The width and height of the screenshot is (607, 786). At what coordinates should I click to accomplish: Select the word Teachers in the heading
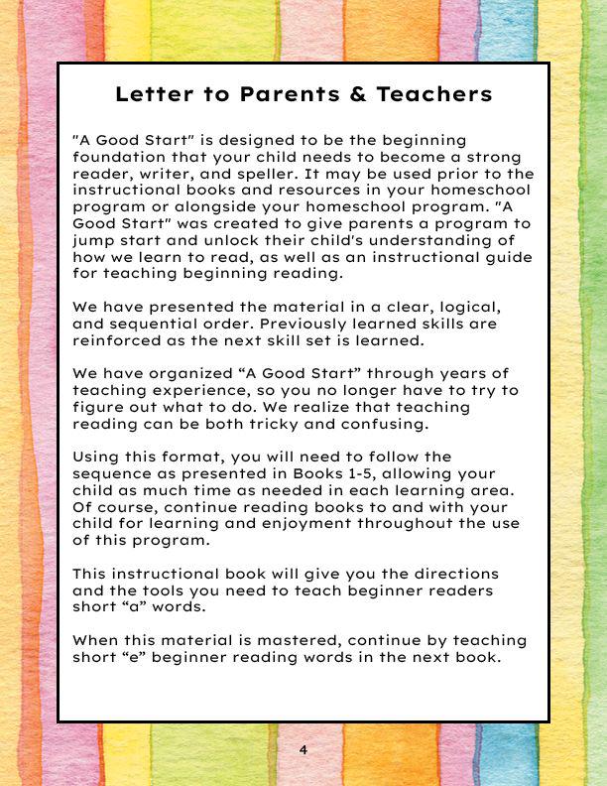point(435,95)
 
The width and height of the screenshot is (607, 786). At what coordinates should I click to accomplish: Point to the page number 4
point(303,750)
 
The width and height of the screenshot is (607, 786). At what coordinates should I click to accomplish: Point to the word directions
point(481,575)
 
